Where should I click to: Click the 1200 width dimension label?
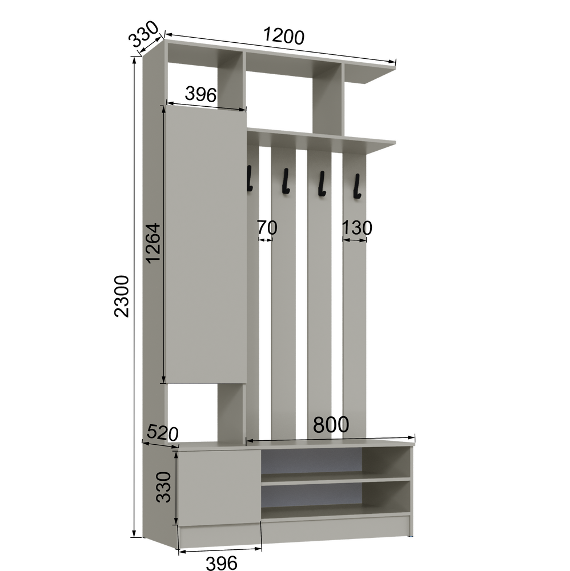pyautogui.click(x=283, y=36)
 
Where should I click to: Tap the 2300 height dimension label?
pyautogui.click(x=122, y=296)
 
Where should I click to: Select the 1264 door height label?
pyautogui.click(x=153, y=243)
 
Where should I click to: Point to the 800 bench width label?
pyautogui.click(x=331, y=425)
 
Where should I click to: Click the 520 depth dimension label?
pyautogui.click(x=162, y=433)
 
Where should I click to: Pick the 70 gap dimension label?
pyautogui.click(x=267, y=228)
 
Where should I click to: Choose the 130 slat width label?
pyautogui.click(x=357, y=228)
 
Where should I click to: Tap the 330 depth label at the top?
pyautogui.click(x=144, y=34)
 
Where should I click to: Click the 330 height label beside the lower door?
pyautogui.click(x=163, y=487)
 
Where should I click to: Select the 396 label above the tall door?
pyautogui.click(x=200, y=94)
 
